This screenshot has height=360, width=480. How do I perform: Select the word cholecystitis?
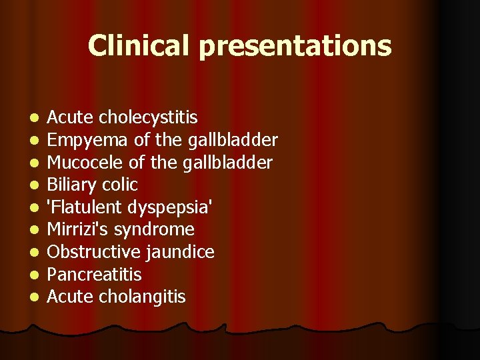[149, 118]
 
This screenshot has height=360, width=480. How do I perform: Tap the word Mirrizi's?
[78, 230]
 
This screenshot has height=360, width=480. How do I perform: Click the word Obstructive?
[87, 252]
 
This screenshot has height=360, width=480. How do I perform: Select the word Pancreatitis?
[94, 275]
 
